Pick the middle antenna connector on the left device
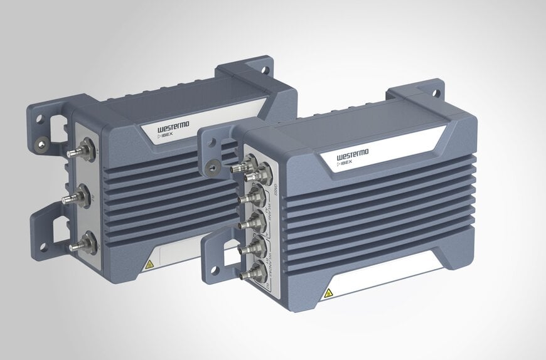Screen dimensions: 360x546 [78, 197]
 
